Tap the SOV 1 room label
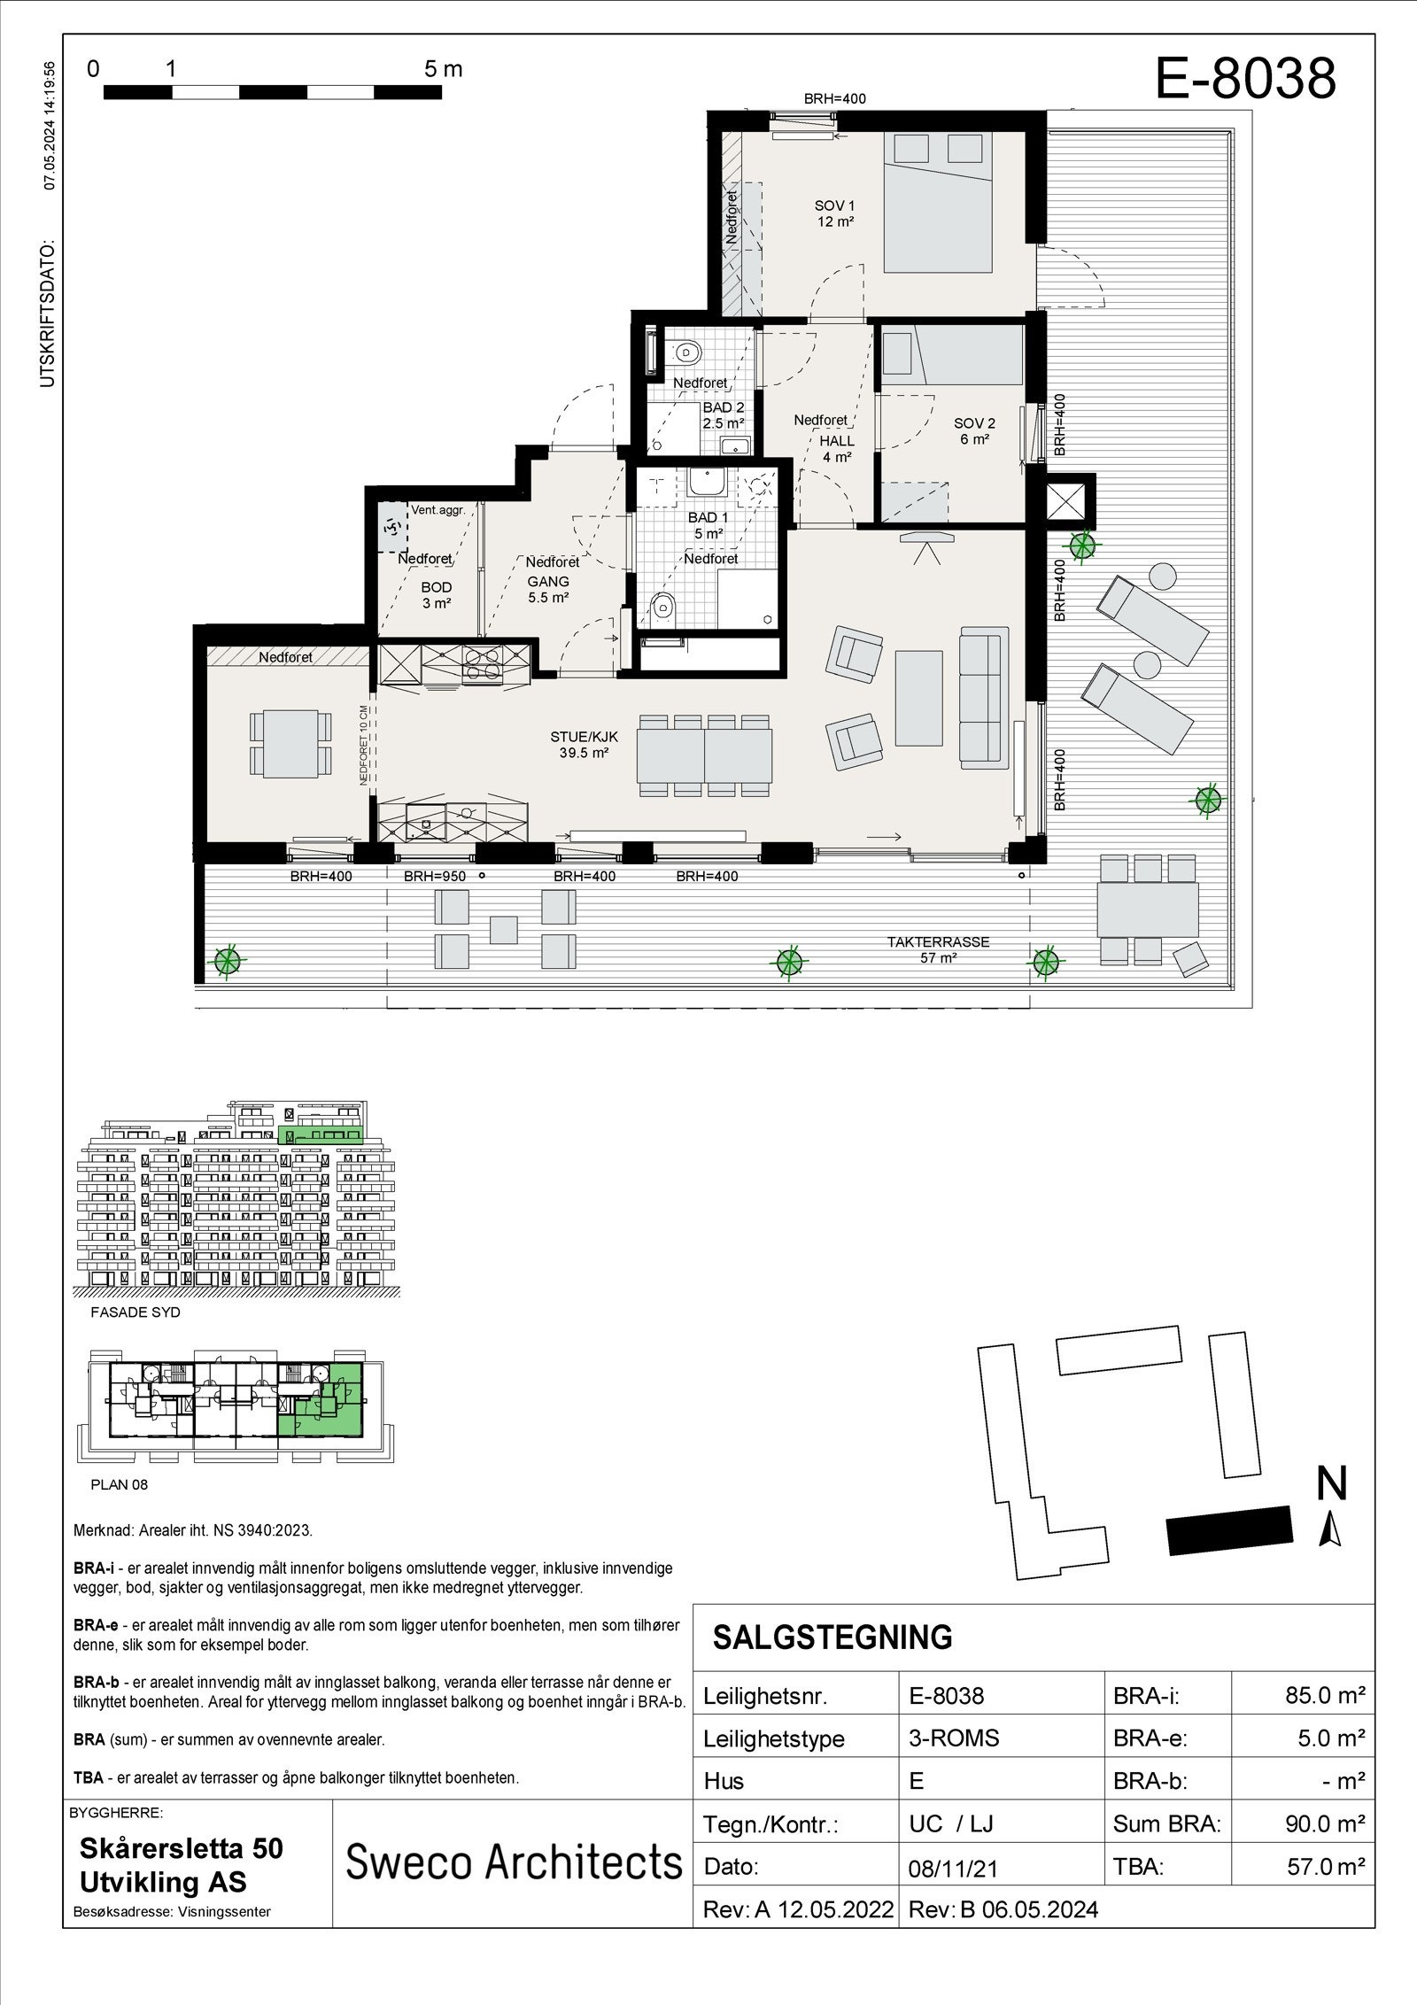pyautogui.click(x=834, y=213)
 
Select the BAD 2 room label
pyautogui.click(x=724, y=415)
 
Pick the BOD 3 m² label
pyautogui.click(x=436, y=594)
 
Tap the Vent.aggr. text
pyautogui.click(x=437, y=510)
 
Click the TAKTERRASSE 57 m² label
pyautogui.click(x=938, y=949)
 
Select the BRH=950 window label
pyautogui.click(x=435, y=877)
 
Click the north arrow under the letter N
pyautogui.click(x=1329, y=1529)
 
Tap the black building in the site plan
pyautogui.click(x=1228, y=1529)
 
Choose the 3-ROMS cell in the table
pyautogui.click(x=954, y=1738)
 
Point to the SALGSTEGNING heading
pyautogui.click(x=832, y=1637)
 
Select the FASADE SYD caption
pyautogui.click(x=123, y=1312)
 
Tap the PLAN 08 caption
pyautogui.click(x=120, y=1485)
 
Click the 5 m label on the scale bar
pyautogui.click(x=443, y=69)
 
